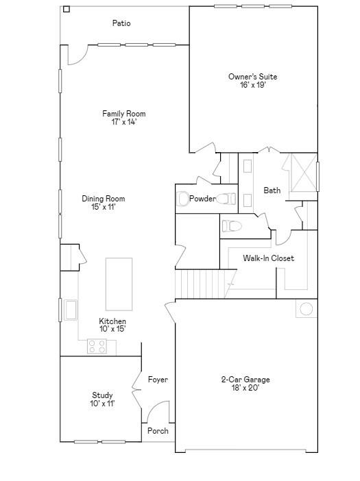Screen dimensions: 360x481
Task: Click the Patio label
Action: tap(121, 23)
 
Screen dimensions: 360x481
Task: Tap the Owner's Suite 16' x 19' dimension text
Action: tap(252, 85)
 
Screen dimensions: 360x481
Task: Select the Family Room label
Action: tap(124, 114)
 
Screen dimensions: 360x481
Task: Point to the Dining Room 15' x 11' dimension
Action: tap(103, 207)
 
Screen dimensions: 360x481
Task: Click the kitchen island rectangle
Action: tap(119, 284)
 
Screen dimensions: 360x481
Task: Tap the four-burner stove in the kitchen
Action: tap(97, 346)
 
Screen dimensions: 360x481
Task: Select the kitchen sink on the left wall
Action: tap(70, 310)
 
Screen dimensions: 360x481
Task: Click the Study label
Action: tap(102, 395)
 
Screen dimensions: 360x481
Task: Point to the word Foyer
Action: tap(158, 380)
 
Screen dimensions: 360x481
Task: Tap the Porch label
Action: tap(158, 431)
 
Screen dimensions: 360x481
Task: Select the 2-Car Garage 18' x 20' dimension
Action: tap(245, 388)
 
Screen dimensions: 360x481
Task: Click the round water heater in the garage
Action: tap(307, 309)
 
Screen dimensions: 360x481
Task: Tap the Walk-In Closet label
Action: tap(269, 258)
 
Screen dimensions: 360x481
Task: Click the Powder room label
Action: tap(202, 199)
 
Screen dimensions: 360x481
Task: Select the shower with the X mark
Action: tap(304, 173)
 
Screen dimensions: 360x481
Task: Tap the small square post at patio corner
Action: tap(67, 9)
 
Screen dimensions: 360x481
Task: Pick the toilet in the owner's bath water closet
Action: tap(232, 226)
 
